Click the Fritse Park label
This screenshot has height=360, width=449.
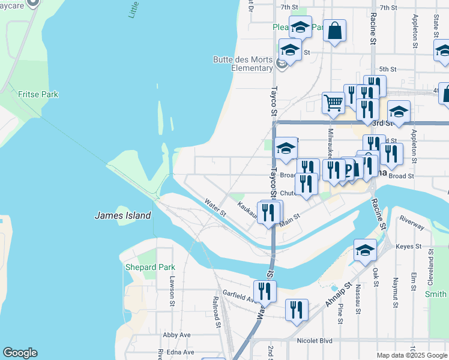click(x=38, y=94)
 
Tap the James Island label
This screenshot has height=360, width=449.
click(x=122, y=215)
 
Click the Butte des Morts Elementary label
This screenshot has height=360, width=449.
click(x=243, y=63)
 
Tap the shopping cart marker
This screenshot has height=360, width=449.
click(x=333, y=102)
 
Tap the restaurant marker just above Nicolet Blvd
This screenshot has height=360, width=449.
click(x=296, y=310)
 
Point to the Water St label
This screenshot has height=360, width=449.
click(x=214, y=208)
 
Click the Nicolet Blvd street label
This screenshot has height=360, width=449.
click(x=315, y=340)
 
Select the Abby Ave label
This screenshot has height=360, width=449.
click(x=176, y=335)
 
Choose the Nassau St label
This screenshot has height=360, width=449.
click(x=358, y=296)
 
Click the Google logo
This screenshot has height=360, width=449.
click(x=20, y=353)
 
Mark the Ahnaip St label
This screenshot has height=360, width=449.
click(x=337, y=294)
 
